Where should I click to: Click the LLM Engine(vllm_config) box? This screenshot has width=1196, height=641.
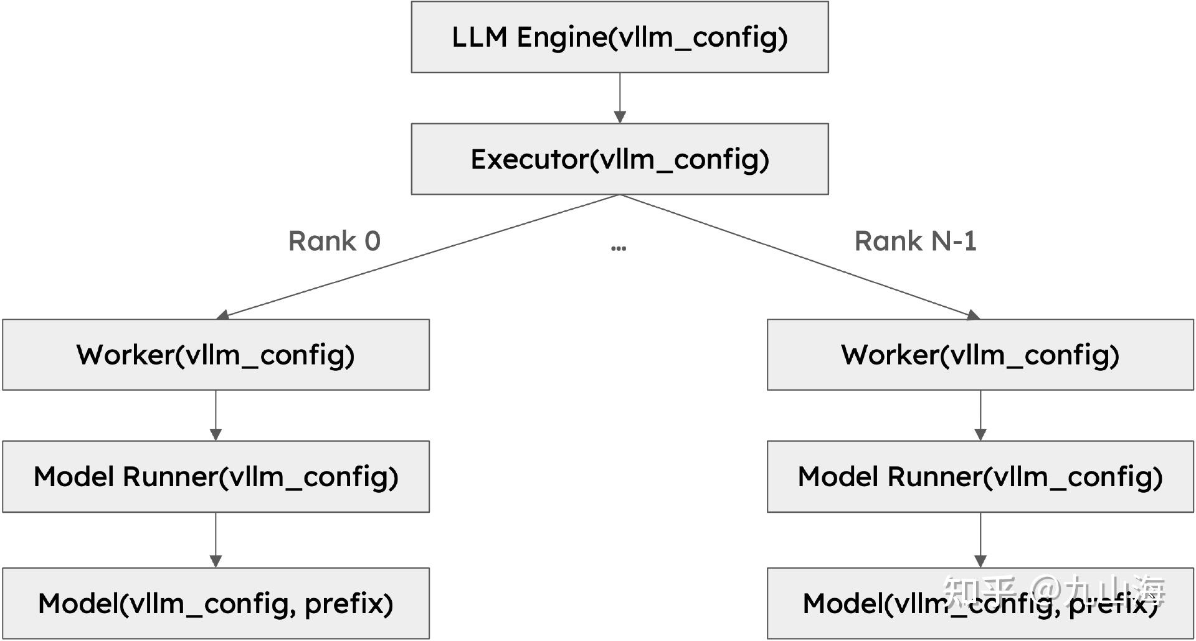[619, 37]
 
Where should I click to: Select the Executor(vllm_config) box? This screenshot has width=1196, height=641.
[619, 159]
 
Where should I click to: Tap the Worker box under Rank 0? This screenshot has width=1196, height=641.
[216, 355]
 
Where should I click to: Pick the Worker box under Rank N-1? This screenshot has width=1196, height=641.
[980, 355]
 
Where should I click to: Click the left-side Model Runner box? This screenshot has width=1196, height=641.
[216, 477]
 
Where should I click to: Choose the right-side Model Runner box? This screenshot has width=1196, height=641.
[980, 477]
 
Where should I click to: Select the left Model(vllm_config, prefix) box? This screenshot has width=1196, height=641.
[216, 603]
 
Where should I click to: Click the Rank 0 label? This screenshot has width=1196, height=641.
[335, 241]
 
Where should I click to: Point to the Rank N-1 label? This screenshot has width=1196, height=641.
[915, 241]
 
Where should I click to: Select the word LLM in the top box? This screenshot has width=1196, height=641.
[480, 37]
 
